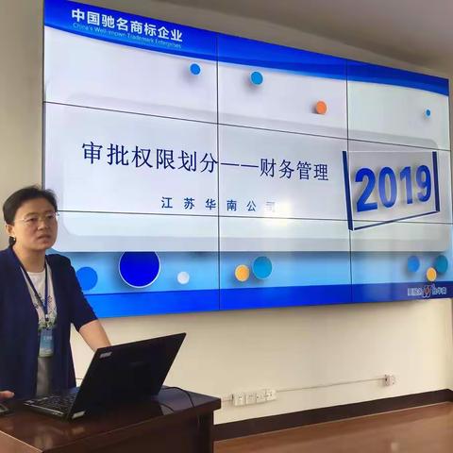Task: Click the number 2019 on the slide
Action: coord(394,187)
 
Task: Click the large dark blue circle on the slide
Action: coord(139,268)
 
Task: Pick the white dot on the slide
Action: coord(183,277)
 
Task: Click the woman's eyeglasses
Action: coord(36,219)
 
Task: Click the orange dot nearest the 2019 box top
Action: coord(321,108)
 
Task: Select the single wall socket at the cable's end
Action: coord(389,380)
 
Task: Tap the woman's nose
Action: coord(41,226)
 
